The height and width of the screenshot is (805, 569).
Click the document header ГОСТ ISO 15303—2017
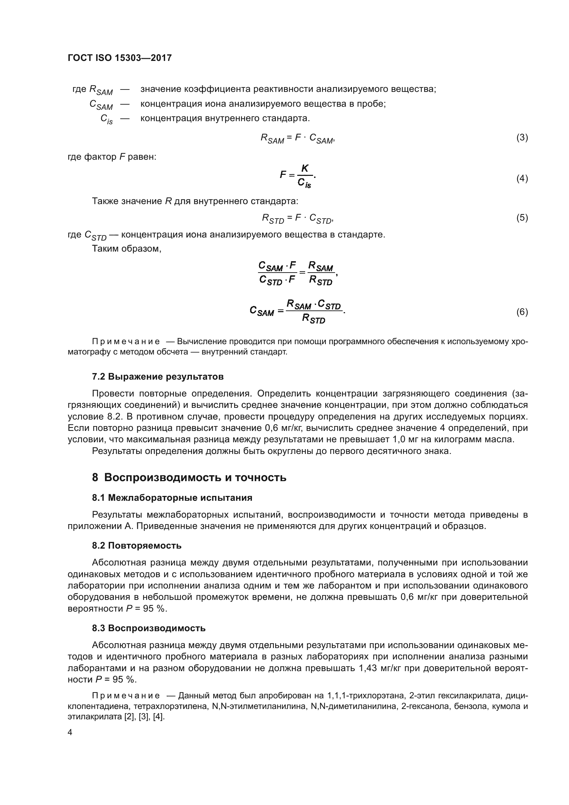[119, 58]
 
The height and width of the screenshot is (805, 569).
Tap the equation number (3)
[522, 137]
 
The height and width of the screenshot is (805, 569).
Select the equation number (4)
[522, 179]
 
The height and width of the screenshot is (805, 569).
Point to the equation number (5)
[522, 218]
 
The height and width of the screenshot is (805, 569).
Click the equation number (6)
[522, 312]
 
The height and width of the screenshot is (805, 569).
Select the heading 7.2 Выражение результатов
[158, 377]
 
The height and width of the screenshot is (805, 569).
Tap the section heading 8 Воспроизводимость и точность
[189, 477]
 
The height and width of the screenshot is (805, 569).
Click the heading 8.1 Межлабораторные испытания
[172, 498]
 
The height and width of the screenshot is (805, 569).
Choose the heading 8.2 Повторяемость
[137, 545]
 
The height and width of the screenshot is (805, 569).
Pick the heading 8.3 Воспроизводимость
[149, 628]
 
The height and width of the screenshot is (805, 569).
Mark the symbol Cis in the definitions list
[107, 119]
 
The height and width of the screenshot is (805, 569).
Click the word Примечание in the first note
[126, 341]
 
